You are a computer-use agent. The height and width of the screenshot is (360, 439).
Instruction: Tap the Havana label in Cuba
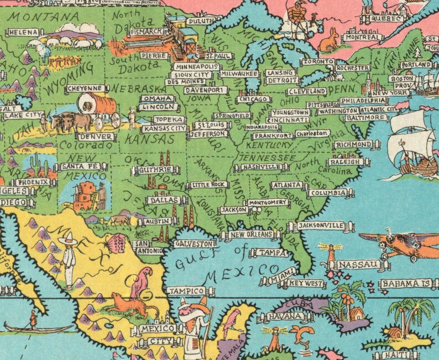[285, 317]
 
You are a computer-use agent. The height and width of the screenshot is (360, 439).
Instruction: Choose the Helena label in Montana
[22, 33]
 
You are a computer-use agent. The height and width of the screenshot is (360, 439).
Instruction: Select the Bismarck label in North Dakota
[145, 32]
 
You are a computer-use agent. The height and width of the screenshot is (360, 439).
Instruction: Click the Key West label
[305, 284]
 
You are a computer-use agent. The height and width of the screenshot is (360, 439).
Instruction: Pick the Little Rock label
[207, 185]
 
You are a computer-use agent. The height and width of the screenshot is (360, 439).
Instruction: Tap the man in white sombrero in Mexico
[69, 258]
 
